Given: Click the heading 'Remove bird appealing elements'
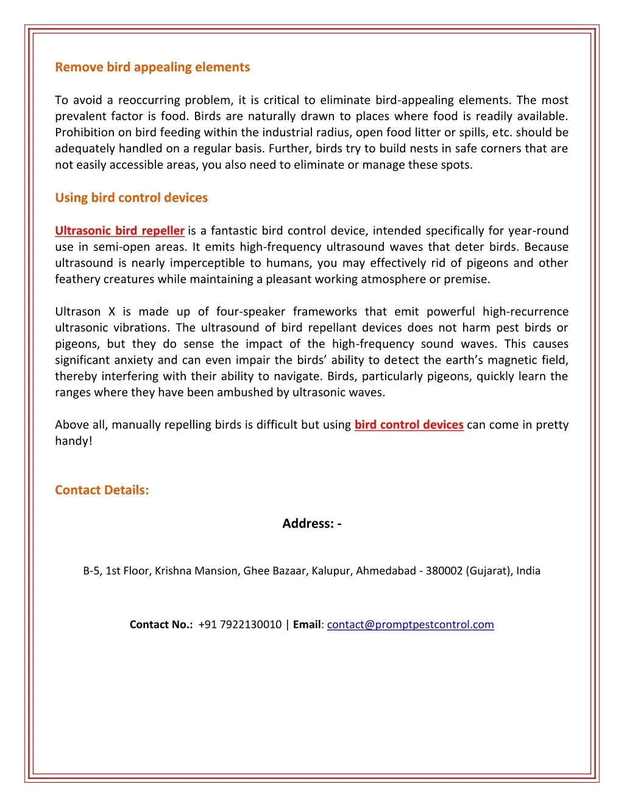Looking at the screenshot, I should click(152, 67).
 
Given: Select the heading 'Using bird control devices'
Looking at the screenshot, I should click(131, 197).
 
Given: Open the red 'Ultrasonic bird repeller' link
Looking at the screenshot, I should click(119, 231).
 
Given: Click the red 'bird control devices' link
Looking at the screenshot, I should click(409, 425).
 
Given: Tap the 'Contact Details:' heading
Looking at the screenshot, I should click(102, 490).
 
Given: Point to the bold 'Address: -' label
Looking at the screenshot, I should click(312, 524).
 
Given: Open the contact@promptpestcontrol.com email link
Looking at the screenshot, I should click(410, 625).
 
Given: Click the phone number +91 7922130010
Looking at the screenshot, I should click(240, 625).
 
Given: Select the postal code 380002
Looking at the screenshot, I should click(444, 571).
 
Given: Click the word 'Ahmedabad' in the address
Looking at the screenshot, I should click(386, 571).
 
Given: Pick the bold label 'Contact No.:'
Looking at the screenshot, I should click(161, 625).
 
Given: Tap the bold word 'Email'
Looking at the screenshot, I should click(307, 625).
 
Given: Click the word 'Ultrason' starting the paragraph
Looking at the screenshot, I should click(77, 312).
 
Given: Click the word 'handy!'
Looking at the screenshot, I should click(74, 441).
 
